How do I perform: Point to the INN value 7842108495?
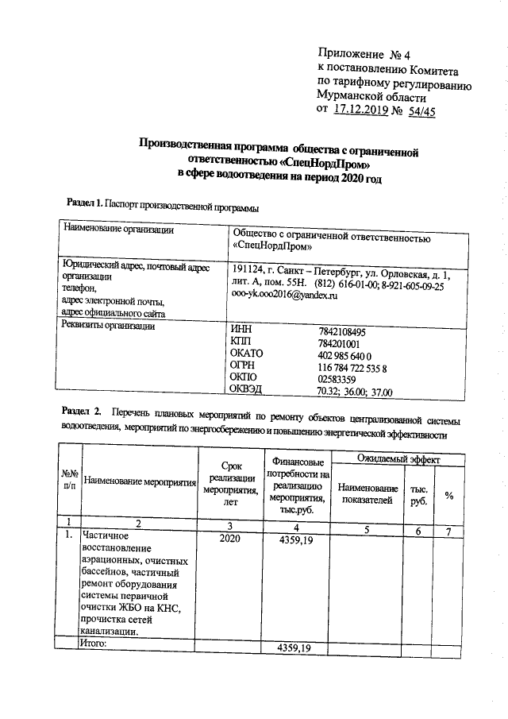(x=342, y=331)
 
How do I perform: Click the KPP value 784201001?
(x=339, y=344)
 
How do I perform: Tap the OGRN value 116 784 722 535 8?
(x=352, y=369)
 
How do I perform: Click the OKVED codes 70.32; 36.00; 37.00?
(x=355, y=392)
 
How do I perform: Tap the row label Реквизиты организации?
(x=110, y=325)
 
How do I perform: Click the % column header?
(x=448, y=497)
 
